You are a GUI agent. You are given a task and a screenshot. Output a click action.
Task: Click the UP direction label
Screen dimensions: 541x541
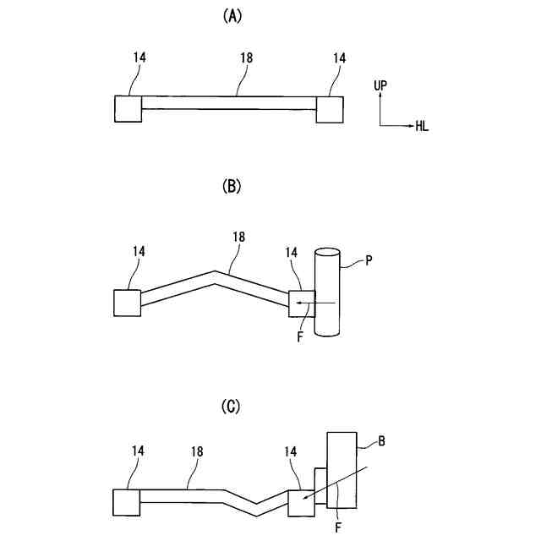[x=380, y=85]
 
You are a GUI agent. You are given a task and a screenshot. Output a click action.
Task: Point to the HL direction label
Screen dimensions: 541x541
[x=422, y=127]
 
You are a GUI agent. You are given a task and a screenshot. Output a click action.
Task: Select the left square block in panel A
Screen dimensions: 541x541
[x=128, y=109]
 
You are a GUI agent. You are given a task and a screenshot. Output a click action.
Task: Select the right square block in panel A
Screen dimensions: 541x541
[x=330, y=109]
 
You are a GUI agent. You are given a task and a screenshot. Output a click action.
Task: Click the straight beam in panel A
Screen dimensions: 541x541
[x=228, y=102]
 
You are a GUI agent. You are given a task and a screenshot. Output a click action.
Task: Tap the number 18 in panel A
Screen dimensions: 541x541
[x=247, y=58]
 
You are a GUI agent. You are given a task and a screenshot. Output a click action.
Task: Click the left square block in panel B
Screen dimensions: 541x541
[x=128, y=303]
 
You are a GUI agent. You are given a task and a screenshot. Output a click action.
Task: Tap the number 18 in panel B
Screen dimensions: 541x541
[x=238, y=238]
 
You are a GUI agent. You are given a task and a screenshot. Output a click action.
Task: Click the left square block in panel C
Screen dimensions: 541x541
[x=127, y=501]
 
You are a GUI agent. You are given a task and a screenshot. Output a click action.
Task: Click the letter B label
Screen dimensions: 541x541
[x=381, y=440]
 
